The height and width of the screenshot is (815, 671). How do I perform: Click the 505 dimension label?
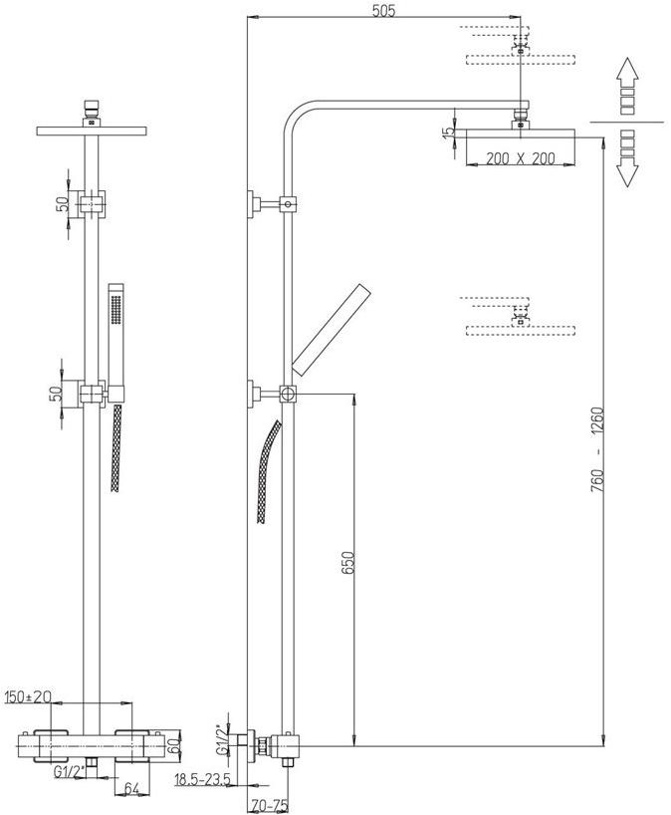382,11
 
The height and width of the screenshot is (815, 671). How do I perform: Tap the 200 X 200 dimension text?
514,157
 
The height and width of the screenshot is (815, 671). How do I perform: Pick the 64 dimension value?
131,789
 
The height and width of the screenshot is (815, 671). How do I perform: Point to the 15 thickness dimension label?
449,132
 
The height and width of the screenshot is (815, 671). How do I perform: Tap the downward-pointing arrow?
627,159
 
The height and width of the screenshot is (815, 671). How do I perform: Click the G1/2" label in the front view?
67,771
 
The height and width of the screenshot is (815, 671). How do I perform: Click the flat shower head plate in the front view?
91,131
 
